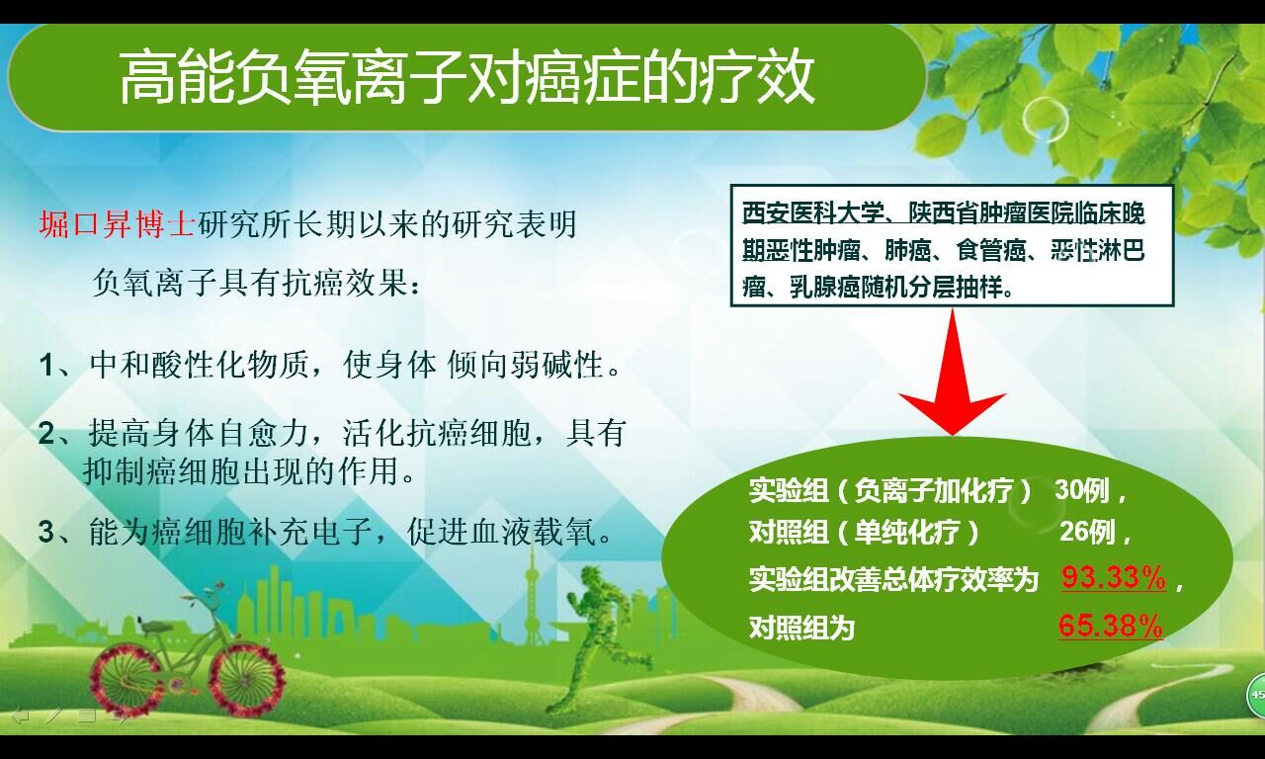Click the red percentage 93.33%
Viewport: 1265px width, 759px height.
click(x=1114, y=578)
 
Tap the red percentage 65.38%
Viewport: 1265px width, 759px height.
click(x=1111, y=626)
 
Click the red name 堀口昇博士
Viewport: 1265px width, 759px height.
click(x=118, y=224)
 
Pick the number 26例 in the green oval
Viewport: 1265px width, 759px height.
click(x=1087, y=532)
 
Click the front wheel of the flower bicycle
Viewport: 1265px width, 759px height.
click(x=247, y=680)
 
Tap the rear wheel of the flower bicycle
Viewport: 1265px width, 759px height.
click(x=126, y=682)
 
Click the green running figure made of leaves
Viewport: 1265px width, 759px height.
click(x=607, y=638)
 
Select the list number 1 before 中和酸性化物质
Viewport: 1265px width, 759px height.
click(x=46, y=366)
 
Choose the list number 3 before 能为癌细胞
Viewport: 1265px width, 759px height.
click(x=46, y=532)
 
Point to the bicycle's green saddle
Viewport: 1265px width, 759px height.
click(x=152, y=626)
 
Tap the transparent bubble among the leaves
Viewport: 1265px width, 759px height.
click(x=1045, y=120)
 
